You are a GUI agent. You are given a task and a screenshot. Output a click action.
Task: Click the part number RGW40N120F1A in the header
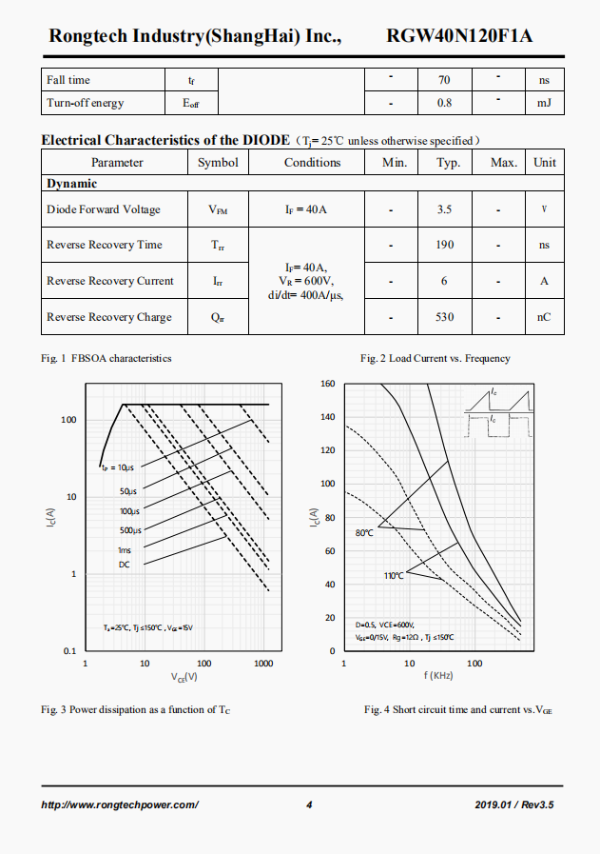[459, 36]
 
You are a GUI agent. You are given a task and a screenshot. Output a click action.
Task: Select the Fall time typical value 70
[444, 80]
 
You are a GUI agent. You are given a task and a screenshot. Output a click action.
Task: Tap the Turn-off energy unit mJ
[544, 103]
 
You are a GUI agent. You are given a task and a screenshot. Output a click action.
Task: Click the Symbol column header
[218, 162]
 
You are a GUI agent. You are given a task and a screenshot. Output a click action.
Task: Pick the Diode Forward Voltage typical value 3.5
[444, 209]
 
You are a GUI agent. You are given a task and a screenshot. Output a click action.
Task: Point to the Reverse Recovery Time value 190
[444, 245]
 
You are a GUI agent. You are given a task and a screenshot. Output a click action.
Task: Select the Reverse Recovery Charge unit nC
[544, 317]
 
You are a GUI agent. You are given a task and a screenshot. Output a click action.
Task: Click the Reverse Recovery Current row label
[110, 281]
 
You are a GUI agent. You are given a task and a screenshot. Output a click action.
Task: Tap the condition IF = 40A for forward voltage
[305, 209]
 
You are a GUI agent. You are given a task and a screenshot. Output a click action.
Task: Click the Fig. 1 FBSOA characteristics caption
[106, 359]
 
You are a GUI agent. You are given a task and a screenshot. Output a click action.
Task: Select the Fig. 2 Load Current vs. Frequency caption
[435, 359]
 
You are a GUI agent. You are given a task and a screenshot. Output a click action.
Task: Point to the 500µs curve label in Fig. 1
[130, 530]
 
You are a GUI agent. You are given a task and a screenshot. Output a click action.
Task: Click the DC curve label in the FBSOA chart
[125, 565]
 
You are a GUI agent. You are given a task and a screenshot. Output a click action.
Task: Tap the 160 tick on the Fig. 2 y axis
[327, 384]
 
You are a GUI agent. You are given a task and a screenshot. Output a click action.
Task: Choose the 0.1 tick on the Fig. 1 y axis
[69, 651]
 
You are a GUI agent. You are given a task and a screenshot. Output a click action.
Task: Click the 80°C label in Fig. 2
[364, 533]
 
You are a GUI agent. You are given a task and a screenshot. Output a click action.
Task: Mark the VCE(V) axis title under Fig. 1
[184, 677]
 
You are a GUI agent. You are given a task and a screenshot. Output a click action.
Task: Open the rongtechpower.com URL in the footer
[120, 805]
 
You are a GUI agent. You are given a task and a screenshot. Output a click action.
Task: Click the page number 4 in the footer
[309, 805]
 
